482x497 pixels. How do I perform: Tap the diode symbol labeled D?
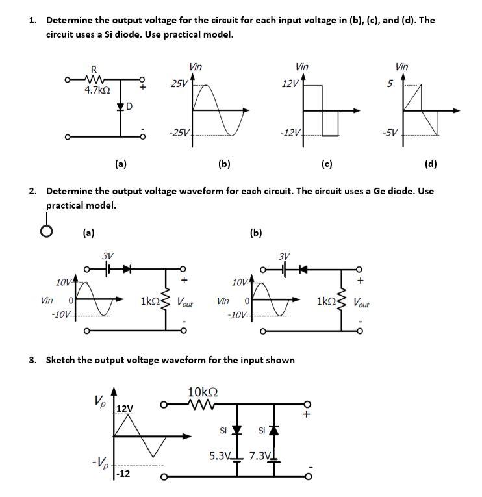120,106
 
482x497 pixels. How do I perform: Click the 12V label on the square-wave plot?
290,83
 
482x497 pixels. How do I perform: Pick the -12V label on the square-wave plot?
289,134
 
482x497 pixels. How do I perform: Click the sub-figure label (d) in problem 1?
431,164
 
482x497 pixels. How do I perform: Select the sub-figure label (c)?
327,164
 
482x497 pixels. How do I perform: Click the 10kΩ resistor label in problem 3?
202,392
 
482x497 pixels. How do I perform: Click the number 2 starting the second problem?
32,192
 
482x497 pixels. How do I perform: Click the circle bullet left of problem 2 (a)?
46,232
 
